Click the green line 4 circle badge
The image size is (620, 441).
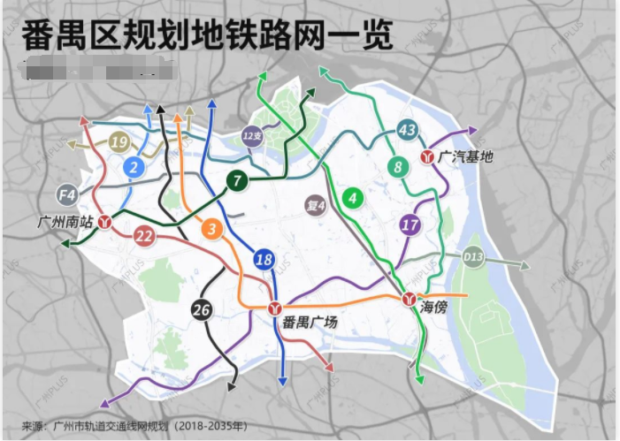pyautogui.click(x=353, y=198)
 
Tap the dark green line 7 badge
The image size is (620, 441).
pyautogui.click(x=237, y=181)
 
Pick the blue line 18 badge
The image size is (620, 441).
pyautogui.click(x=264, y=260)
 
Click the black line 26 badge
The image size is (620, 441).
pyautogui.click(x=202, y=309)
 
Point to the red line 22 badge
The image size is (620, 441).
pyautogui.click(x=144, y=235)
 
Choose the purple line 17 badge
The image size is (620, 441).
pyautogui.click(x=410, y=224)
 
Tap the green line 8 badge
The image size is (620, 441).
pyautogui.click(x=398, y=166)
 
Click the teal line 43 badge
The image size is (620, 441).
pyautogui.click(x=407, y=131)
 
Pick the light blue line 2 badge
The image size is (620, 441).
pyautogui.click(x=134, y=167)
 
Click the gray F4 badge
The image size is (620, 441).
pyautogui.click(x=67, y=194)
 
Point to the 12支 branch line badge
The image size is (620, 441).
pyautogui.click(x=252, y=136)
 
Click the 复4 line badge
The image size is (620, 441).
pyautogui.click(x=316, y=205)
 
